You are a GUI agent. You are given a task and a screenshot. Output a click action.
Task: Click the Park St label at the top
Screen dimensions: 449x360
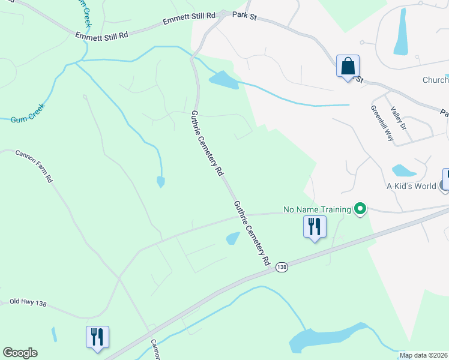(x=244, y=17)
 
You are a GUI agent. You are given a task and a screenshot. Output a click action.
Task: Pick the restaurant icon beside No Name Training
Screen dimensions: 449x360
(x=314, y=227)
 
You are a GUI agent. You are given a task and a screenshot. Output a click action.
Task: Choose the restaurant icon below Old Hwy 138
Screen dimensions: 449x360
(x=97, y=337)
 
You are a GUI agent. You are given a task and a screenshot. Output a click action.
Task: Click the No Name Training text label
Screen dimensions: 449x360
(x=317, y=210)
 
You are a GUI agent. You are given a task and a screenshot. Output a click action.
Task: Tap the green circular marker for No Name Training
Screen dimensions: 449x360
(x=360, y=209)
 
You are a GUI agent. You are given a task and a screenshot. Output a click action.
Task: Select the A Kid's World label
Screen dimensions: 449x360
(x=411, y=186)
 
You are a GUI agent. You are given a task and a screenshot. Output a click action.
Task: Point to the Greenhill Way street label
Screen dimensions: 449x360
(x=382, y=124)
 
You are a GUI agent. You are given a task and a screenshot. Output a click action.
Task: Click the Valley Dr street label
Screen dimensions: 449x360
(x=399, y=119)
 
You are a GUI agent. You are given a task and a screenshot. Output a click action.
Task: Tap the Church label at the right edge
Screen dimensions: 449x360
(x=435, y=80)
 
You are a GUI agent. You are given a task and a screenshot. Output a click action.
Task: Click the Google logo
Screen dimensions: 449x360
(x=20, y=353)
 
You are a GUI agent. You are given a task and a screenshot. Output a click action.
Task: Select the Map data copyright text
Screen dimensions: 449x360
(x=424, y=355)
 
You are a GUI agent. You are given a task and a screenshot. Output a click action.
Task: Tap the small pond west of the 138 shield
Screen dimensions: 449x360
(x=233, y=239)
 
